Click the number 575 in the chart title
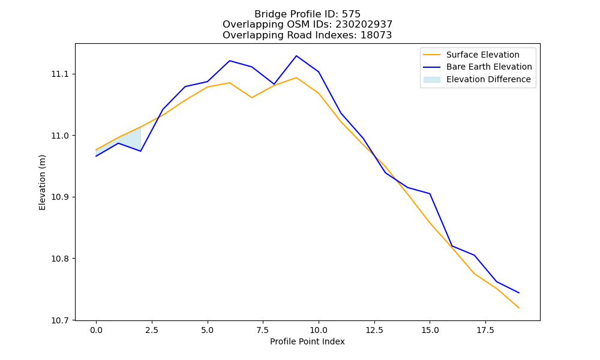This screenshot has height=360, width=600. pyautogui.click(x=351, y=14)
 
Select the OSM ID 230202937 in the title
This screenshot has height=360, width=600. pyautogui.click(x=364, y=25)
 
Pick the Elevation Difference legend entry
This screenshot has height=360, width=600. pyautogui.click(x=477, y=79)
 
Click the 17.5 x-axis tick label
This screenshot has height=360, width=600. pyautogui.click(x=485, y=330)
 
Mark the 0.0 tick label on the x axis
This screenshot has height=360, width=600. pyautogui.click(x=96, y=330)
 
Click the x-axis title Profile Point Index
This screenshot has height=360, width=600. pyautogui.click(x=307, y=341)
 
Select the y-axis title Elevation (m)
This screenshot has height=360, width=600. pyautogui.click(x=42, y=182)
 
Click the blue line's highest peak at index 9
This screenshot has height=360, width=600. pyautogui.click(x=296, y=56)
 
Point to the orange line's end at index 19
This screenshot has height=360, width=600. pyautogui.click(x=519, y=308)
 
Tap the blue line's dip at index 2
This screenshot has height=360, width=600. pyautogui.click(x=140, y=151)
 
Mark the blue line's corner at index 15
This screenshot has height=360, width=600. pyautogui.click(x=430, y=194)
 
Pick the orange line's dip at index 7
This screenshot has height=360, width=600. pyautogui.click(x=252, y=98)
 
